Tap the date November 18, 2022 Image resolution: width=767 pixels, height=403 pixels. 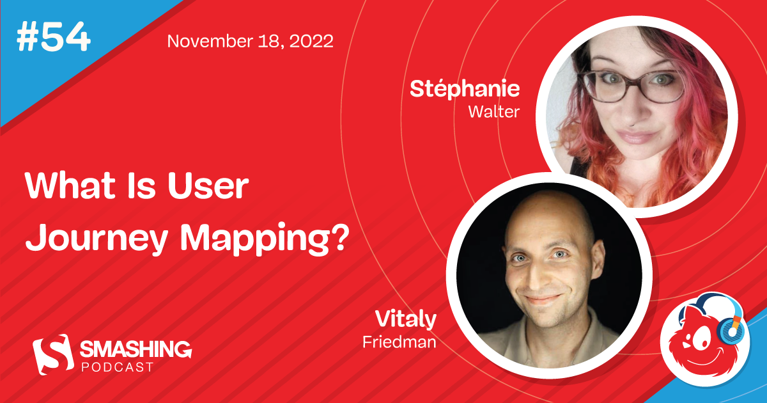(x=250, y=42)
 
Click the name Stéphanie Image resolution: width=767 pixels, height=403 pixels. (x=465, y=89)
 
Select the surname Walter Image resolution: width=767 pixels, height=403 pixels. (x=493, y=111)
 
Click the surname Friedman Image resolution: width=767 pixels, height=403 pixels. (x=399, y=342)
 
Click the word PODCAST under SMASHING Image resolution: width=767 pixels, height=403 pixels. (x=116, y=367)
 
